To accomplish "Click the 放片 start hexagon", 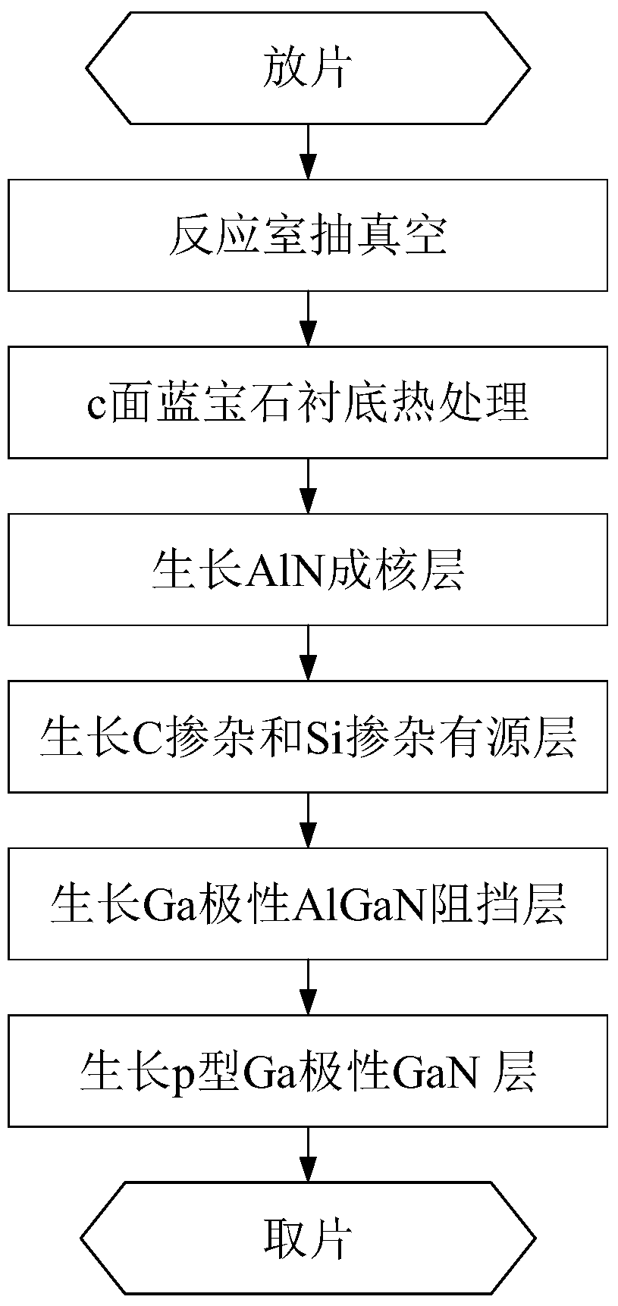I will tap(308, 68).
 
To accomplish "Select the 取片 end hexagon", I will tap(308, 1239).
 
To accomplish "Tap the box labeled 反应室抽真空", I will tap(308, 235).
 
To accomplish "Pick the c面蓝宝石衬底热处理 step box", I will tap(308, 402).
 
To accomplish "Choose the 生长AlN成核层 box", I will tap(308, 569).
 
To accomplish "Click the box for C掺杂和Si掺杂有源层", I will tap(308, 737).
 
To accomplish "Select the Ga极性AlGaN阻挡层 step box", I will tap(308, 904).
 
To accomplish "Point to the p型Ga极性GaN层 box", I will tap(308, 1071).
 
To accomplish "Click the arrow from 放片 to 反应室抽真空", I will tap(308, 152).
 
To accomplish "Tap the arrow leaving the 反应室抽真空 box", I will tap(308, 319).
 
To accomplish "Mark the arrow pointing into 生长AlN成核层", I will tap(308, 486).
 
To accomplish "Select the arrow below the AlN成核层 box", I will tap(308, 653).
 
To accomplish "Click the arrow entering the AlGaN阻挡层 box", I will tap(308, 820).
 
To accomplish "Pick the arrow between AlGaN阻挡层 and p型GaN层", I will tap(308, 988).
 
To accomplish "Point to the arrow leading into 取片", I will tap(308, 1154).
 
